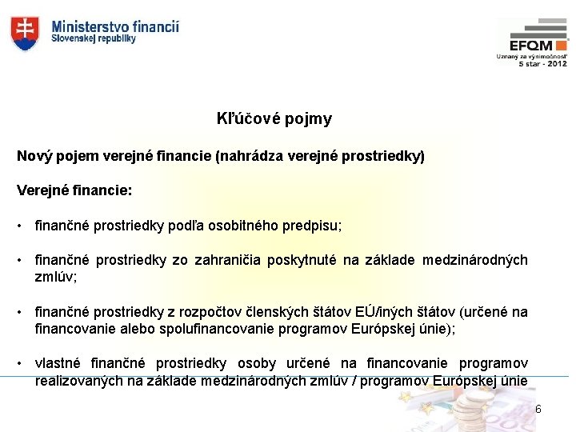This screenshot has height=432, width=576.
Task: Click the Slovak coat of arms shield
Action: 24,33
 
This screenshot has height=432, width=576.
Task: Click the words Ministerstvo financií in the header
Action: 115,26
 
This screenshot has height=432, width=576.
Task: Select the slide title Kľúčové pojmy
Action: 274,119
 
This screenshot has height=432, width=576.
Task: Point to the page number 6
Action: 538,410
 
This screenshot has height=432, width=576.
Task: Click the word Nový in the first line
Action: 34,156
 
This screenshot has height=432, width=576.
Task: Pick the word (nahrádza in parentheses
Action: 244,156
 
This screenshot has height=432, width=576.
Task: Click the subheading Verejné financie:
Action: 74,192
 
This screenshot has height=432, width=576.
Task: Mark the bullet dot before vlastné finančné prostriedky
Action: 20,365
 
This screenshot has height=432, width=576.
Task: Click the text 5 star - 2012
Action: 542,63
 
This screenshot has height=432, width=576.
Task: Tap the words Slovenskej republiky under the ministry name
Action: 94,38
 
